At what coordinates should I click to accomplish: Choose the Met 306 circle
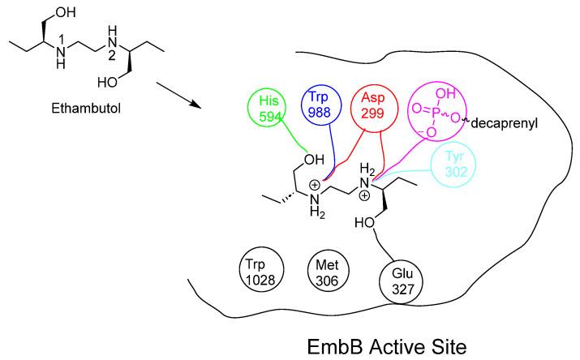point(326,271)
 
